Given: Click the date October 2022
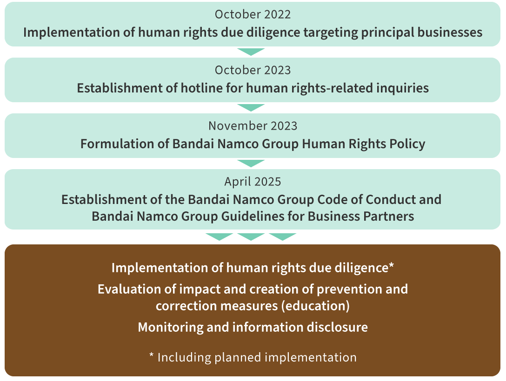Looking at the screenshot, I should pyautogui.click(x=253, y=14).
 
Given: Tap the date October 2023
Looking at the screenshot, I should pyautogui.click(x=253, y=70).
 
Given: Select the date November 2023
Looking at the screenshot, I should pyautogui.click(x=253, y=126).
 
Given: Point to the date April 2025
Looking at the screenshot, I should pyautogui.click(x=253, y=181).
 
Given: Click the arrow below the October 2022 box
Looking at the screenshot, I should pyautogui.click(x=251, y=51).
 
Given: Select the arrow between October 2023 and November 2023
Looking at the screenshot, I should pyautogui.click(x=251, y=107).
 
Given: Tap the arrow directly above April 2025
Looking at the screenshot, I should pyautogui.click(x=251, y=163).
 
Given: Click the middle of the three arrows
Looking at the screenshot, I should pyautogui.click(x=251, y=236).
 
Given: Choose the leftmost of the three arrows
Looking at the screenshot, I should pyautogui.click(x=219, y=236).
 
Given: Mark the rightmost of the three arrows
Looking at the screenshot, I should pyautogui.click(x=283, y=236).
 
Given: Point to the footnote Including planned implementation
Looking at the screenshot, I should pyautogui.click(x=257, y=357).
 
